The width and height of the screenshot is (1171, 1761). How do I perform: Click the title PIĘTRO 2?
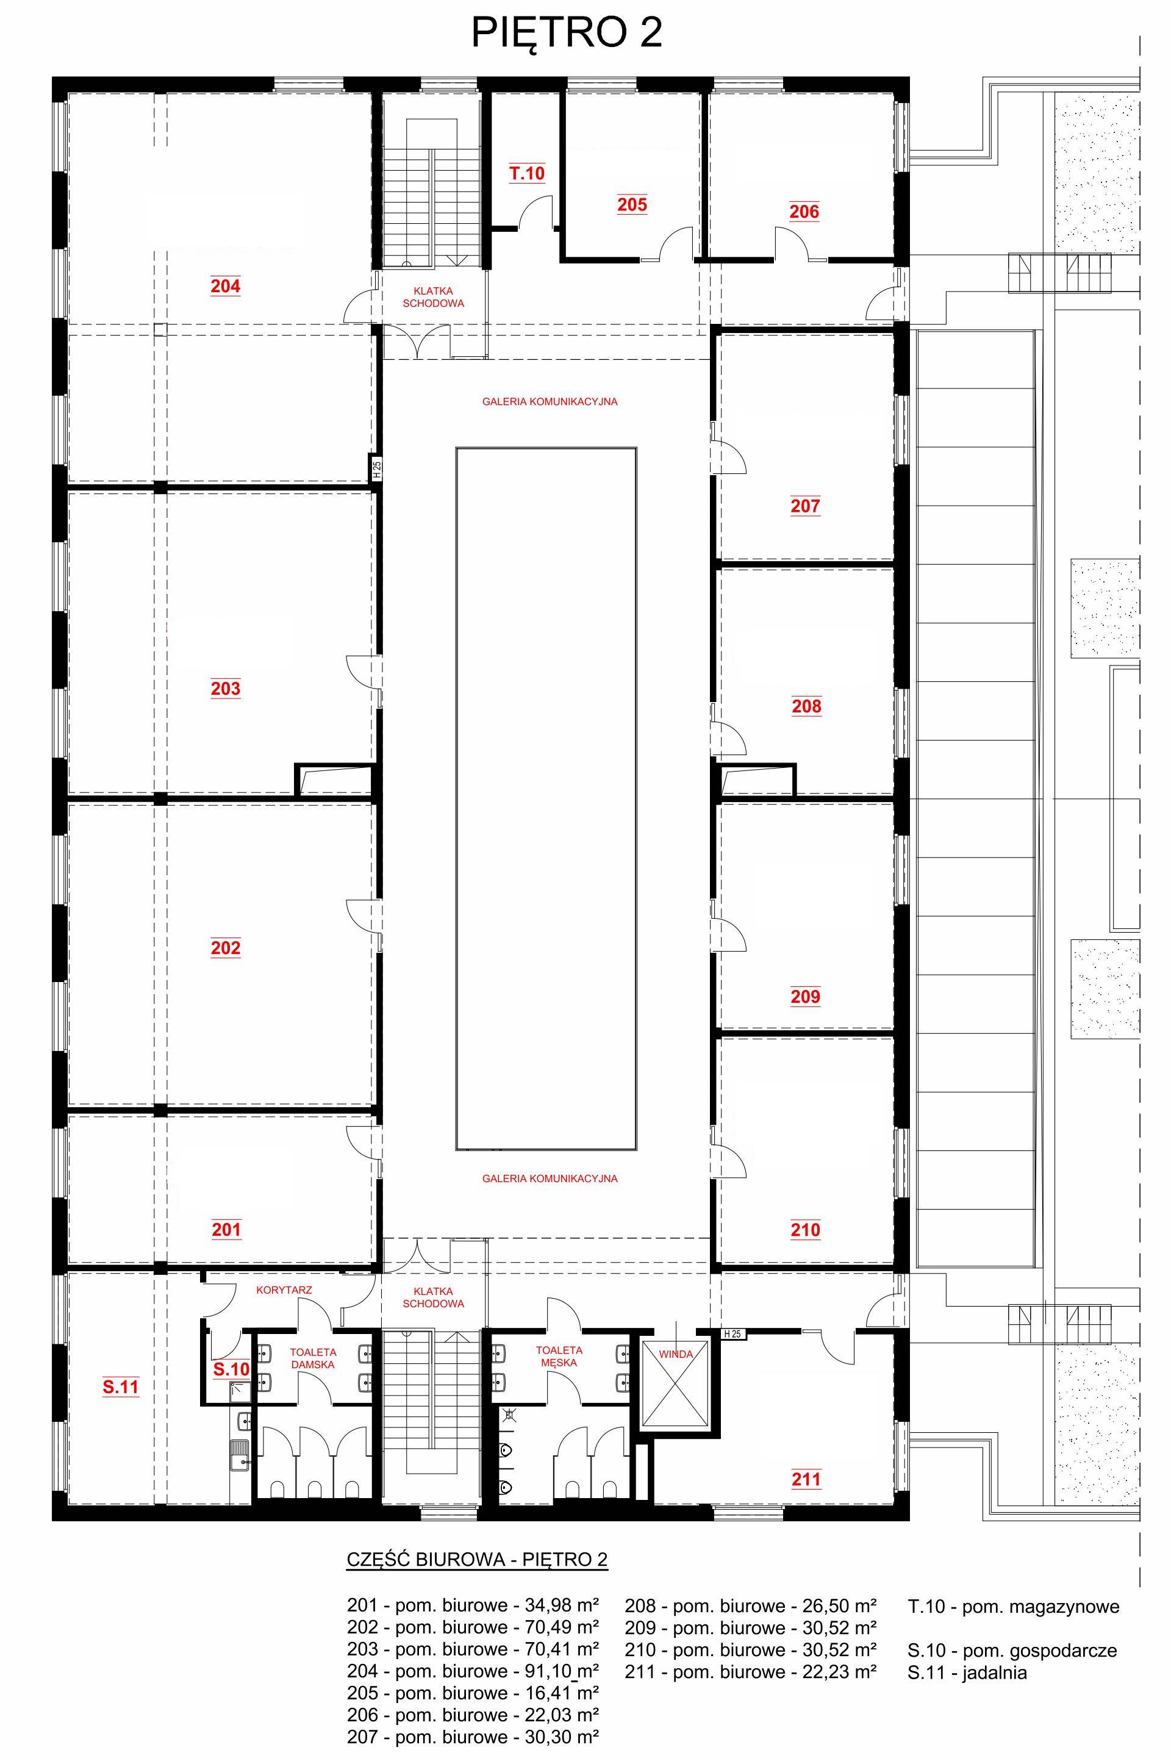pyautogui.click(x=567, y=34)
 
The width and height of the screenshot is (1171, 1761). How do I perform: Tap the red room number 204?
pyautogui.click(x=226, y=286)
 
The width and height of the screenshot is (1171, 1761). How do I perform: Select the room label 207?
pyautogui.click(x=805, y=506)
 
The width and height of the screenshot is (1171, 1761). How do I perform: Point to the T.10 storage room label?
pyautogui.click(x=527, y=174)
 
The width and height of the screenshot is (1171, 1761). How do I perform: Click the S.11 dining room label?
pyautogui.click(x=120, y=1387)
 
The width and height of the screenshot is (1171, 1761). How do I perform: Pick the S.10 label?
pyautogui.click(x=232, y=1369)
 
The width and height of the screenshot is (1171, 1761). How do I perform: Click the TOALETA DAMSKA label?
pyautogui.click(x=313, y=1358)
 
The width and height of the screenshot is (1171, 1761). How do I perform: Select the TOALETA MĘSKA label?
pyautogui.click(x=559, y=1355)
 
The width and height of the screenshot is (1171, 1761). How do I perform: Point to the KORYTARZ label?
pyautogui.click(x=284, y=1289)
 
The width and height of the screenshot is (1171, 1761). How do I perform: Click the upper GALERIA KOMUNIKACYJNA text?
pyautogui.click(x=550, y=401)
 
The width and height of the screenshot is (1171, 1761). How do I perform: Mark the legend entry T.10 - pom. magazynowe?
pyautogui.click(x=1014, y=1607)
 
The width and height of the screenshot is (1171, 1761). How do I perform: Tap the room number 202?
pyautogui.click(x=226, y=948)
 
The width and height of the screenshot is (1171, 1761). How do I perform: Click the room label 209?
pyautogui.click(x=805, y=996)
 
